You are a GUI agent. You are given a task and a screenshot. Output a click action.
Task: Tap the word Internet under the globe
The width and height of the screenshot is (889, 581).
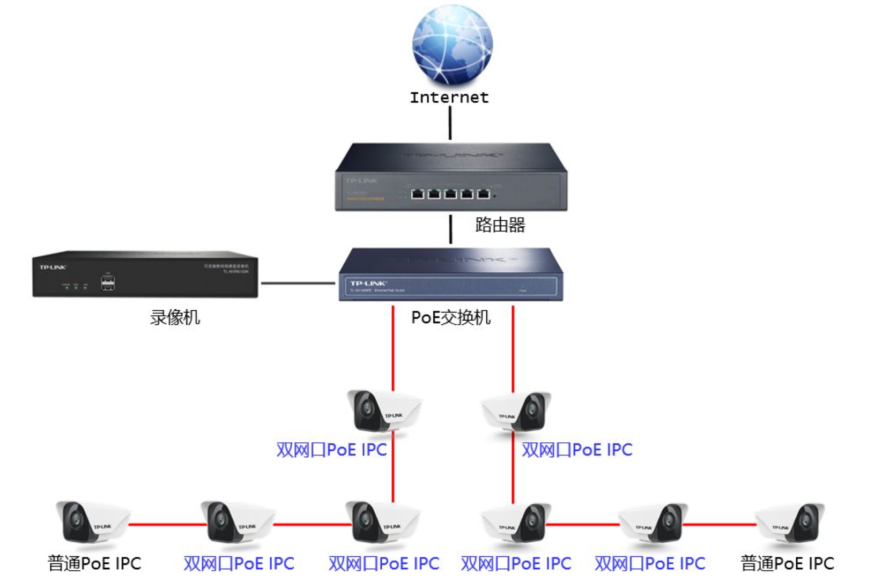449,98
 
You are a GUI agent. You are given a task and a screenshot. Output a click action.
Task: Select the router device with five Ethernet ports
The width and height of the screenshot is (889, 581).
451,177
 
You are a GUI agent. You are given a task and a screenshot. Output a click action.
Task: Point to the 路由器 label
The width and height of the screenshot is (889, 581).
500,225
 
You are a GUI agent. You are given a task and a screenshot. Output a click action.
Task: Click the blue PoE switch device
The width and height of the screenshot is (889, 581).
450,274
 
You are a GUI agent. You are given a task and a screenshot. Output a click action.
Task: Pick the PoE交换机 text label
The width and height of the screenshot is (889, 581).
450,318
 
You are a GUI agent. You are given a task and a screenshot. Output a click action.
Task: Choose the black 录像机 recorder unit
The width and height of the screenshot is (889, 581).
145,274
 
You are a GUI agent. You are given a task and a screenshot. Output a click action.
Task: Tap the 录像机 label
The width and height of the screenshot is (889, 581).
175,318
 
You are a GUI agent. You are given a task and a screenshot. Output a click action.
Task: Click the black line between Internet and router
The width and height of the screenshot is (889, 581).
450,123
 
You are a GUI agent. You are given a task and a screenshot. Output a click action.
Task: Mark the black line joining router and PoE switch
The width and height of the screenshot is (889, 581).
450,229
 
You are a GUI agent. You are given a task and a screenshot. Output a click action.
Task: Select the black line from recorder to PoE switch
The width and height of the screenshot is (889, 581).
298,283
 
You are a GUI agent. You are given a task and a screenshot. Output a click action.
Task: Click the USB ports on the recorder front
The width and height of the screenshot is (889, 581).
107,282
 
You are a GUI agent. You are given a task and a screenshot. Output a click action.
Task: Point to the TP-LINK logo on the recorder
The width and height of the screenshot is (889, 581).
53,267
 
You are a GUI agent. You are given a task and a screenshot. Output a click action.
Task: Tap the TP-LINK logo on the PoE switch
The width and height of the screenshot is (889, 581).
368,283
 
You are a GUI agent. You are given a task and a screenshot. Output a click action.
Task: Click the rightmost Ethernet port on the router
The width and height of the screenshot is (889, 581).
484,193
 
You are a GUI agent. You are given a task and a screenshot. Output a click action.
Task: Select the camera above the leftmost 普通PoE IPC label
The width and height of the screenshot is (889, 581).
91,523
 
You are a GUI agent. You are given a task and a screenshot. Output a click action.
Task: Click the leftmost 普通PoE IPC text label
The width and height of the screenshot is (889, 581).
94,564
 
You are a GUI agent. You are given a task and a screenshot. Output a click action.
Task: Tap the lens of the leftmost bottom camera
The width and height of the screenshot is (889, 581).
76,520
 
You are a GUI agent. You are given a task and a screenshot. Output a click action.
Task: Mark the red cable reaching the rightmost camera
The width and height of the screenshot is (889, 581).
718,524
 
